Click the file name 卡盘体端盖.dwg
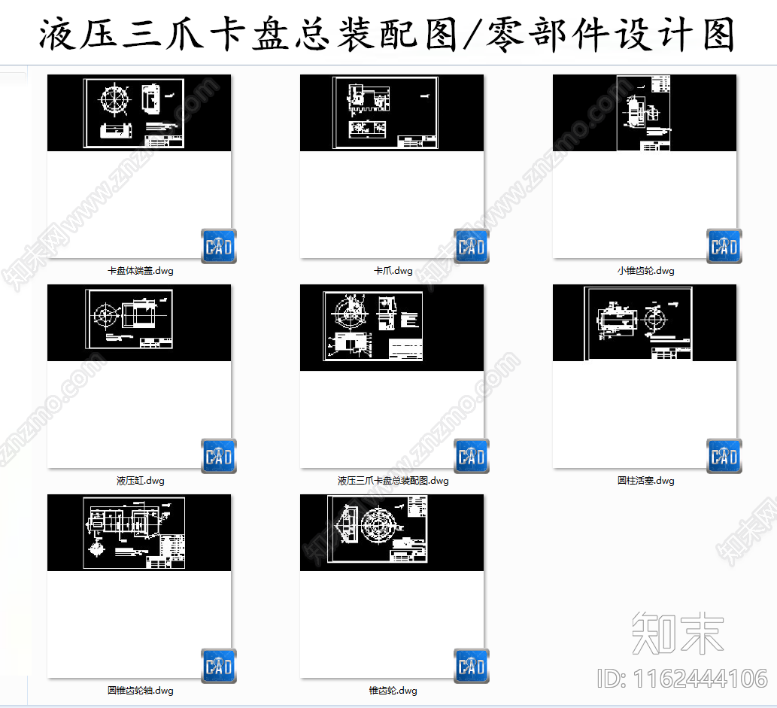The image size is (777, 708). point(141,271)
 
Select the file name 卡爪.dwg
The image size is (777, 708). point(393,271)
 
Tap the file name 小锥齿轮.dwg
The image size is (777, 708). point(645,271)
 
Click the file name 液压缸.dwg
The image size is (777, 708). point(141,481)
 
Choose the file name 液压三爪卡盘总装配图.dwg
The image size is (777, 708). point(393,481)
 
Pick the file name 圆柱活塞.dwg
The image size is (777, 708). point(645,481)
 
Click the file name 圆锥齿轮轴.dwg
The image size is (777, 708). point(141,691)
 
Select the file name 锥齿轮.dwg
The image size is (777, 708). point(393,691)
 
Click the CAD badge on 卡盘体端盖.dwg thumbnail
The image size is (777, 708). point(219,246)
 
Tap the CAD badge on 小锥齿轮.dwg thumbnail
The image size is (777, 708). point(724,246)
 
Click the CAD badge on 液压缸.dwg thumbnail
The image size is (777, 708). point(219,456)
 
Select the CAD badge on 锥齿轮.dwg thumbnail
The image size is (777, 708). point(472,666)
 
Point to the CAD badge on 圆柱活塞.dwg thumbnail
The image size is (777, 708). point(724,456)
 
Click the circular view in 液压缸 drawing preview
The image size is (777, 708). point(105,314)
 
